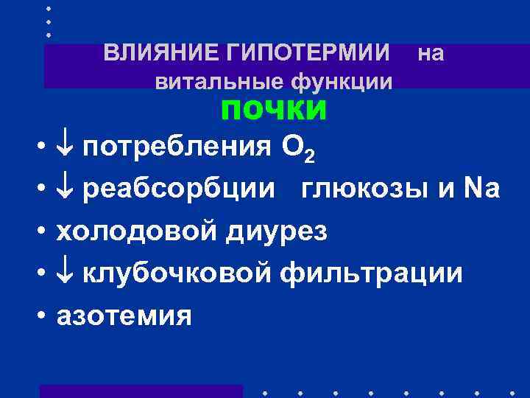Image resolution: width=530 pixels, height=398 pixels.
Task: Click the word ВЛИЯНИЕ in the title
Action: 149,53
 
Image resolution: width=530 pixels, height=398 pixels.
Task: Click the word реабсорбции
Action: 180,190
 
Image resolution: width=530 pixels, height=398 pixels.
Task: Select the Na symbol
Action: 482,189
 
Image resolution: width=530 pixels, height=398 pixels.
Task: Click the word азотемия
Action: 124,316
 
